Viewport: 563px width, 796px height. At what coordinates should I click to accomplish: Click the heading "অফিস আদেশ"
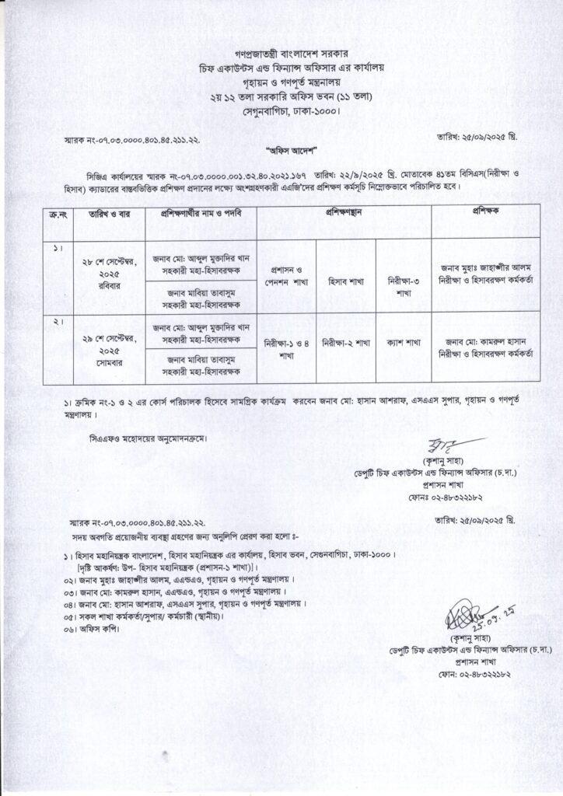coord(281,146)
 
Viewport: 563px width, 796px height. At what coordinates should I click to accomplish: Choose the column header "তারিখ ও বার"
coord(108,212)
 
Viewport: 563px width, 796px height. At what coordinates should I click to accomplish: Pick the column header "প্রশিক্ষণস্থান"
coord(344,211)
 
